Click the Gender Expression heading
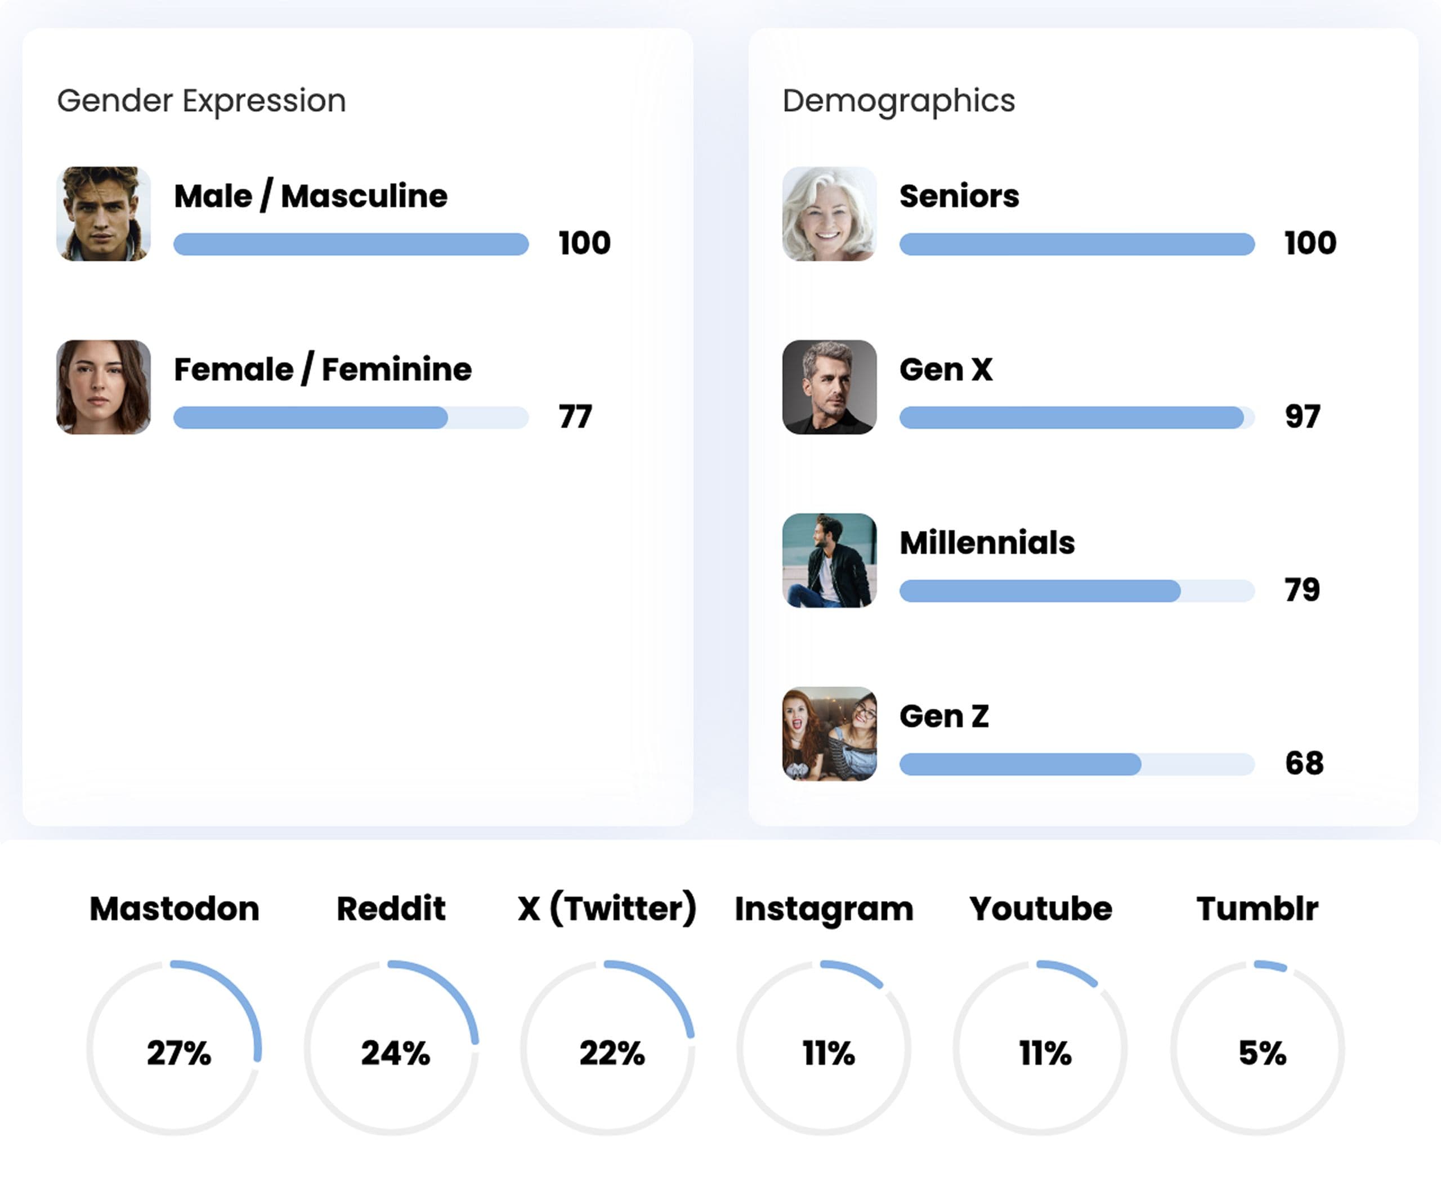tap(201, 101)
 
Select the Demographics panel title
tap(898, 101)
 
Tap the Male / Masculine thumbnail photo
tap(104, 214)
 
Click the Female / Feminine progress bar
tap(351, 417)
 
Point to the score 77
tap(575, 417)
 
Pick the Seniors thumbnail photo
tap(829, 214)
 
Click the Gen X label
tap(946, 369)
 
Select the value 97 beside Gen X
tap(1303, 417)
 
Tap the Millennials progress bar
tap(1077, 591)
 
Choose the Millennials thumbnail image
tap(829, 561)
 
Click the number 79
tap(1303, 590)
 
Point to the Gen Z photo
tap(829, 734)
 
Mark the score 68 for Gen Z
tap(1304, 763)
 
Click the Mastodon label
tap(174, 908)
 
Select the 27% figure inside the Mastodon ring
tap(178, 1053)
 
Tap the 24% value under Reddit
tap(395, 1053)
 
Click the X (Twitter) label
tap(607, 908)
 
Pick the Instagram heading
tap(824, 908)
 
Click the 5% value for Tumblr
tap(1262, 1053)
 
